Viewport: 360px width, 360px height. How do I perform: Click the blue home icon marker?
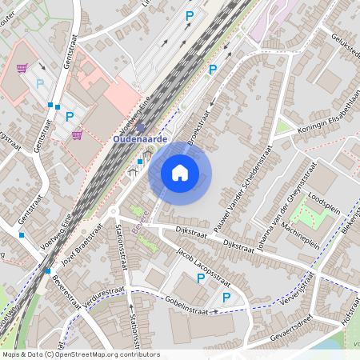coord(180,172)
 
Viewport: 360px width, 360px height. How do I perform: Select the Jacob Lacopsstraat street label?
coord(203,267)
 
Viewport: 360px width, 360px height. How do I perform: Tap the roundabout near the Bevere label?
coord(114,213)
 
